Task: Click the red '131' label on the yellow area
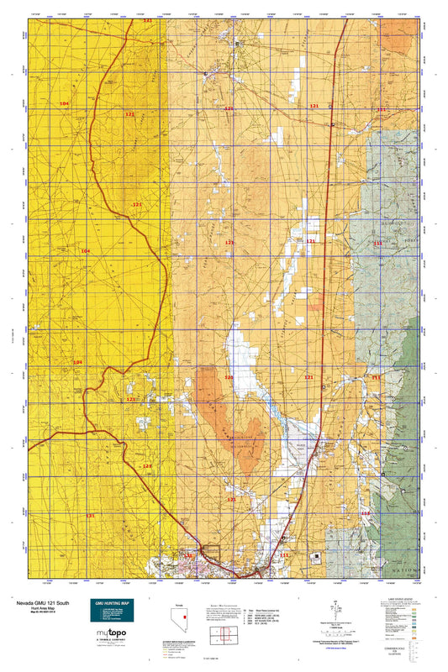coord(91,515)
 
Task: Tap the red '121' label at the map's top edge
coord(148,20)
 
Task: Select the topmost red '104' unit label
coord(66,102)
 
